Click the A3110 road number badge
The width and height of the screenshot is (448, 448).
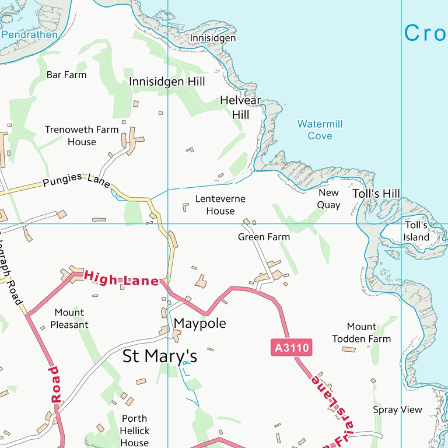click(x=291, y=348)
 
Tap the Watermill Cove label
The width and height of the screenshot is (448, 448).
click(x=320, y=130)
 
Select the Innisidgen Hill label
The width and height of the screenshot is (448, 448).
click(x=167, y=82)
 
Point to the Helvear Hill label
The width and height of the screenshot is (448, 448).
click(x=240, y=107)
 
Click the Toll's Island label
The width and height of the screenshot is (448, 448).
click(x=416, y=231)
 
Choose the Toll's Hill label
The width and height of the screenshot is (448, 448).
click(x=376, y=194)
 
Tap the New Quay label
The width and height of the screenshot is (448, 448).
click(x=328, y=199)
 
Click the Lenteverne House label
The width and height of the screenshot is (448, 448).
click(x=220, y=205)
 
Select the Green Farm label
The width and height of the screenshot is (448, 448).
click(x=264, y=237)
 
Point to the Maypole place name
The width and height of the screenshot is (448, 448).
click(x=200, y=324)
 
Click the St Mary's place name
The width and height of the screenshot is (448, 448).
click(x=160, y=356)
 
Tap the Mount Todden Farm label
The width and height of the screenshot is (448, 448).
click(x=362, y=333)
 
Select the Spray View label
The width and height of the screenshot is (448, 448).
click(x=397, y=409)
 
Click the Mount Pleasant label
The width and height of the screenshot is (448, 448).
click(x=69, y=318)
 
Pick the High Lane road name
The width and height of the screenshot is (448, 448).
click(x=121, y=278)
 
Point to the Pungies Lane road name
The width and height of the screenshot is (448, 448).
click(x=76, y=180)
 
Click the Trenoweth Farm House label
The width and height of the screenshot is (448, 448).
click(x=82, y=135)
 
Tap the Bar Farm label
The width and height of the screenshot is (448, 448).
click(x=66, y=75)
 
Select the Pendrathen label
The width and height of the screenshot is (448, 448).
click(x=30, y=34)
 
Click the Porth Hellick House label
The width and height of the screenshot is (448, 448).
click(x=135, y=430)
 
